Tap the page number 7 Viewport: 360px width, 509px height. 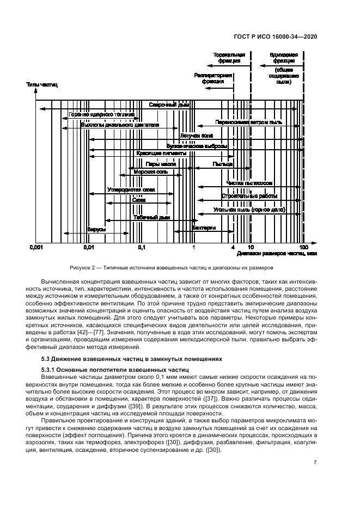point(316,463)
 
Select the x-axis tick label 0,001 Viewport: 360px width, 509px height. point(36,247)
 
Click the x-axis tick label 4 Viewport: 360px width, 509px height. point(233,247)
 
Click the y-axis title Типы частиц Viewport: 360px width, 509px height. point(41,85)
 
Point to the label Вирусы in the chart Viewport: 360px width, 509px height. point(96,229)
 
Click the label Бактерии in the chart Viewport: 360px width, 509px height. point(204,228)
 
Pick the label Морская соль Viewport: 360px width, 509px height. point(147,172)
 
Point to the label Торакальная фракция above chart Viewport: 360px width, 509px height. point(229,58)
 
